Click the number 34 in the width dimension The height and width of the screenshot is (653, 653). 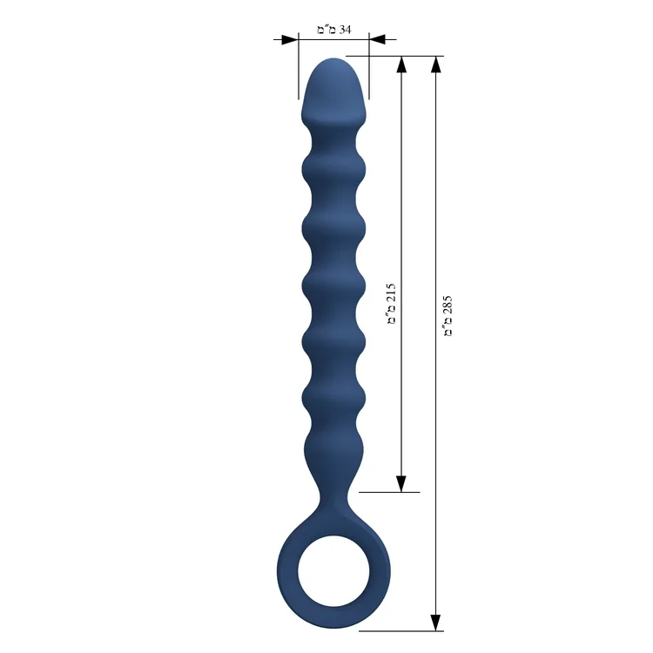[x=346, y=30]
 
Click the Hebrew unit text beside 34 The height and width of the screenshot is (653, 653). [x=326, y=30]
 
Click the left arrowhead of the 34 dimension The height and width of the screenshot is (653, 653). [x=290, y=39]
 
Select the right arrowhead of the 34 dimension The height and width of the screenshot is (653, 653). [x=377, y=39]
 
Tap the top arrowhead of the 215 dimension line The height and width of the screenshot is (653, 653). [x=401, y=64]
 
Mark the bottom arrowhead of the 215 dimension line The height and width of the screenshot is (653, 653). [x=401, y=483]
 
